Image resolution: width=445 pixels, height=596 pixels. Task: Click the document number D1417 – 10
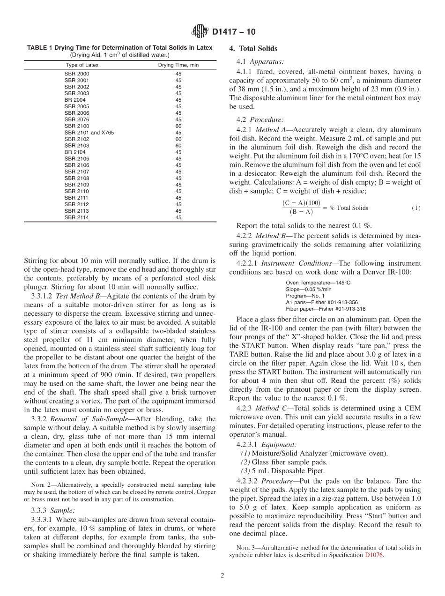[x=234, y=32]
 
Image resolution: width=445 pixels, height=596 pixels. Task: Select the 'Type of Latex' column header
[x=82, y=65]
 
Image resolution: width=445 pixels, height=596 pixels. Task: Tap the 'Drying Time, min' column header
[x=178, y=65]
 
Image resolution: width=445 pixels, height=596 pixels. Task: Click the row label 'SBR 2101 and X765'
[x=89, y=133]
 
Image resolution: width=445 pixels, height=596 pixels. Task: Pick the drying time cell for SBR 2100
[x=178, y=126]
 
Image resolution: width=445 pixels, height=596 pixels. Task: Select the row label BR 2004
[x=75, y=100]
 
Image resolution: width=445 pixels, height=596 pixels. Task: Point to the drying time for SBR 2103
[x=178, y=146]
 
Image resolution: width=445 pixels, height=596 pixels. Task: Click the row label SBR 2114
[x=76, y=217]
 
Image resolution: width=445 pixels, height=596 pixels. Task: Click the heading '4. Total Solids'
[x=253, y=48]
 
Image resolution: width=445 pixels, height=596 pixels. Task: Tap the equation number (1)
[x=416, y=208]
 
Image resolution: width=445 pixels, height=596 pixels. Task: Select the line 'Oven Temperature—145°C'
[x=318, y=283]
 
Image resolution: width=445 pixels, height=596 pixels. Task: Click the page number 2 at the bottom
[x=222, y=576]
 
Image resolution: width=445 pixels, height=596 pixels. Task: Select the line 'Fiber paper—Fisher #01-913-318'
[x=326, y=309]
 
